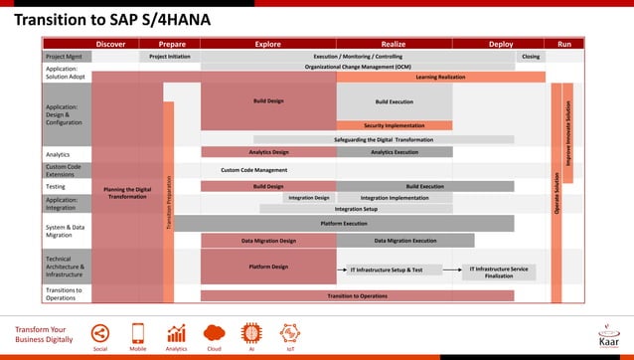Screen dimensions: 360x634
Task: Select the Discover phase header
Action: pyautogui.click(x=110, y=44)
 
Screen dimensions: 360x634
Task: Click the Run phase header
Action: pyautogui.click(x=563, y=44)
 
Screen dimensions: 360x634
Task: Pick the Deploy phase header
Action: pyautogui.click(x=501, y=44)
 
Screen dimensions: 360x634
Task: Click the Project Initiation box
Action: pyautogui.click(x=170, y=57)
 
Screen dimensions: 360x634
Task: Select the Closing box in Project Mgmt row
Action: pyautogui.click(x=531, y=57)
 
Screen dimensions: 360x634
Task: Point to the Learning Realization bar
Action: pyautogui.click(x=440, y=77)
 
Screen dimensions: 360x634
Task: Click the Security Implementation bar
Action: pyautogui.click(x=394, y=125)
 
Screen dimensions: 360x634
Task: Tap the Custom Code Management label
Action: pyautogui.click(x=253, y=170)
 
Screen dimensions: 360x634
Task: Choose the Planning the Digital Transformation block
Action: pyautogui.click(x=127, y=192)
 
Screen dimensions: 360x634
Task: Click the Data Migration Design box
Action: pyautogui.click(x=268, y=241)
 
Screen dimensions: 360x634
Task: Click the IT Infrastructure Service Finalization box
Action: pyautogui.click(x=499, y=271)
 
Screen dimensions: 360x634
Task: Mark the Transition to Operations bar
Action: pyautogui.click(x=358, y=295)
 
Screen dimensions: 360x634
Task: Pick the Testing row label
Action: pyautogui.click(x=56, y=186)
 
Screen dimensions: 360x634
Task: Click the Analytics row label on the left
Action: pyautogui.click(x=58, y=154)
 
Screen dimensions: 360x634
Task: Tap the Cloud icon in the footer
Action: pyautogui.click(x=214, y=335)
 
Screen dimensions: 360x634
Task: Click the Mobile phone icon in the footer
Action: pyautogui.click(x=138, y=335)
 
